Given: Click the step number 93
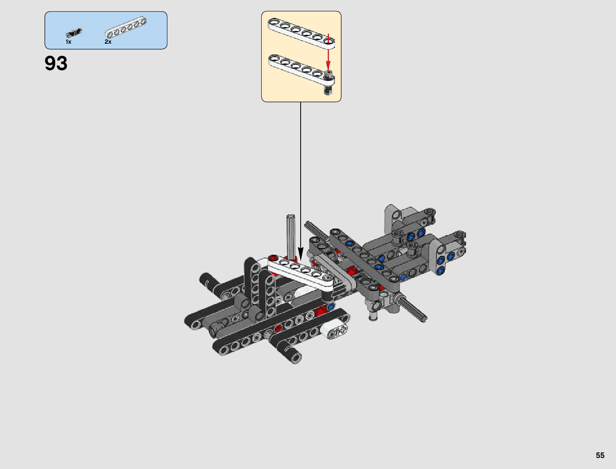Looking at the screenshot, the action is (x=56, y=63).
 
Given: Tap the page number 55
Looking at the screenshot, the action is (x=600, y=455).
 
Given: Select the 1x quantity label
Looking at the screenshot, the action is (x=68, y=42).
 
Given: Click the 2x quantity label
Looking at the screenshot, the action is (x=108, y=42).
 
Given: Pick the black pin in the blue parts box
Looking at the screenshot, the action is (x=74, y=33).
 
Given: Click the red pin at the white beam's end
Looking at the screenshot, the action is (x=273, y=258).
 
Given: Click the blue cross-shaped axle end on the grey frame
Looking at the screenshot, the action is (x=403, y=277).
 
